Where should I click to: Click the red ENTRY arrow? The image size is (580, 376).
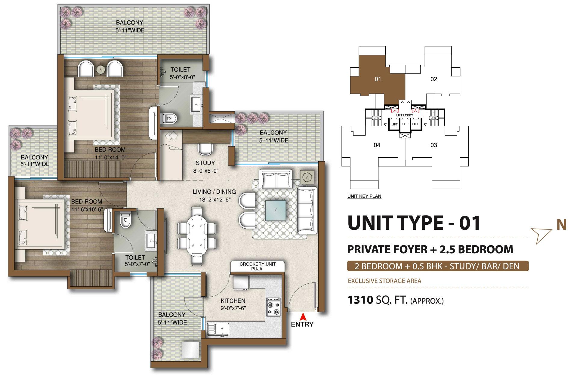pos(304,316)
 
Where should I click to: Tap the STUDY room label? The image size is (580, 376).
pos(205,163)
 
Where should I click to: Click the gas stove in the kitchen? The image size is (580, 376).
pos(273,307)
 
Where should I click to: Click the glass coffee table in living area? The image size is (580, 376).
pos(276,210)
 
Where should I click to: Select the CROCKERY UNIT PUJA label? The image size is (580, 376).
pos(258,266)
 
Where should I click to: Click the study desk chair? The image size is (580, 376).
pos(205,149)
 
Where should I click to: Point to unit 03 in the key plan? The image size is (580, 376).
pos(433,145)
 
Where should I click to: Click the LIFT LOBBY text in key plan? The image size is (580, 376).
pos(405,115)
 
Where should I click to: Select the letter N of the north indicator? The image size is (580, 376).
pos(561,225)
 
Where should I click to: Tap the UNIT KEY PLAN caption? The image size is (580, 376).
pos(364,196)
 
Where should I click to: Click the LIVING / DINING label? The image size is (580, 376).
pos(214,192)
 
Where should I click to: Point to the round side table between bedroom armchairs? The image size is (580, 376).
pos(101,70)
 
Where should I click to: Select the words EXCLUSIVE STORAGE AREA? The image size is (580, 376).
pos(384,281)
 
